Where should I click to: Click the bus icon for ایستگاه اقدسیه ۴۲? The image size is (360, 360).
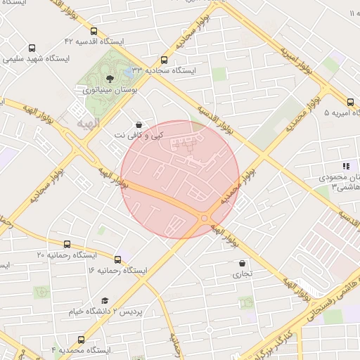[94, 31]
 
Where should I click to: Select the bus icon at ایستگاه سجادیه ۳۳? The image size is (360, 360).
[165, 60]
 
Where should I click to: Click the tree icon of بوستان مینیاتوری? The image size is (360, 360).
[109, 79]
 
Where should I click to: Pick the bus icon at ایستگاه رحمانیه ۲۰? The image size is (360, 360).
[67, 244]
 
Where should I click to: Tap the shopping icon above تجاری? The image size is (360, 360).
[243, 263]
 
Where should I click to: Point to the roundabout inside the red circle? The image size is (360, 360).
[204, 219]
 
